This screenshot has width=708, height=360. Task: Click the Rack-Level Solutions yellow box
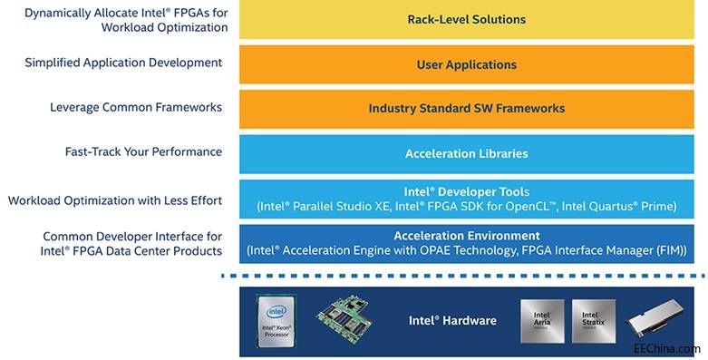tap(466, 19)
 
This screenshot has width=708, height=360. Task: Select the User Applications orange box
tap(466, 64)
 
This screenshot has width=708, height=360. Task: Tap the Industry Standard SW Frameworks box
tap(466, 108)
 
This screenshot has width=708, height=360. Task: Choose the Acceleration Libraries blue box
tap(466, 153)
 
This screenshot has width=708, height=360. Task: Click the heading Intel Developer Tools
tap(466, 191)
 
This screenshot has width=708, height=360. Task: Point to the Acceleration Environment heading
tap(466, 235)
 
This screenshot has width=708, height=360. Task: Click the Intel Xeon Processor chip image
tap(275, 321)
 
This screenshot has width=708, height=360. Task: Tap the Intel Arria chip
tap(542, 320)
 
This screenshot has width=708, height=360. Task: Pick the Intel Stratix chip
tap(594, 320)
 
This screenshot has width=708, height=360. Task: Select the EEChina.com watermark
tap(666, 348)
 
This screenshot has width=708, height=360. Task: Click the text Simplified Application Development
tap(124, 63)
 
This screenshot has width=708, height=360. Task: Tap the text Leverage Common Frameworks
tap(136, 107)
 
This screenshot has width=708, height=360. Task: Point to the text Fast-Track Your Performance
tap(143, 151)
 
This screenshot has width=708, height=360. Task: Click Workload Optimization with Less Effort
tap(115, 199)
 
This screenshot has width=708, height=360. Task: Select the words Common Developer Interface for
tap(132, 234)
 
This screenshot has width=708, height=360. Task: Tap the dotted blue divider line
tap(466, 276)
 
